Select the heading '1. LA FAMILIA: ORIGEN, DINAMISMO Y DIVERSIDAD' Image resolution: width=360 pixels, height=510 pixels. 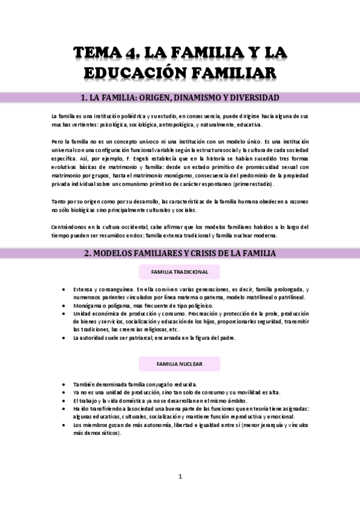[180, 97]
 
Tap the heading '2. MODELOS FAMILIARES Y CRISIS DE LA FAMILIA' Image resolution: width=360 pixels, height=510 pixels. [180, 254]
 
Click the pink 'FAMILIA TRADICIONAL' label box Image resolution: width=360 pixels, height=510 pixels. [179, 272]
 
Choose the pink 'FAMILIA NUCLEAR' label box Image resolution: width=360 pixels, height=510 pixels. [179, 364]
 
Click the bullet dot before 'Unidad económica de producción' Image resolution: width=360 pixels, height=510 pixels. [64, 314]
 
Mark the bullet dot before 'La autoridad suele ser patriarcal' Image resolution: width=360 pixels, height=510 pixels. [64, 338]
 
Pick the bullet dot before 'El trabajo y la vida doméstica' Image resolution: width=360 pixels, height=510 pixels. [64, 401]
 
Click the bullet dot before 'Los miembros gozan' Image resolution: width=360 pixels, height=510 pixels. [64, 425]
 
